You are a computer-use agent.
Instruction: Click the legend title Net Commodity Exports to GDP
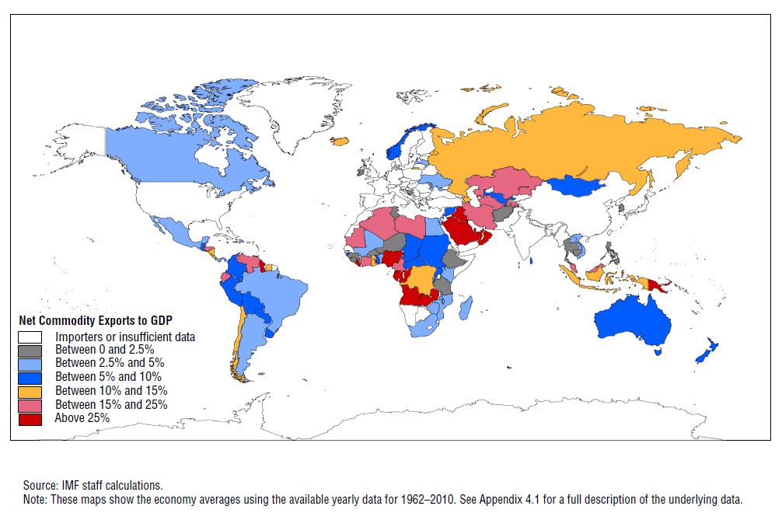click(x=95, y=320)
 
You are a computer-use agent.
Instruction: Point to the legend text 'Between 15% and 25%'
click(x=111, y=404)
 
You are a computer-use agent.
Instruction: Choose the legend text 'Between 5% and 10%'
click(x=108, y=377)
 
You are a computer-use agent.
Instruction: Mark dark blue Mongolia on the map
click(x=577, y=186)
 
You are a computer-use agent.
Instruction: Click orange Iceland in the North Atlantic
click(x=340, y=141)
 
